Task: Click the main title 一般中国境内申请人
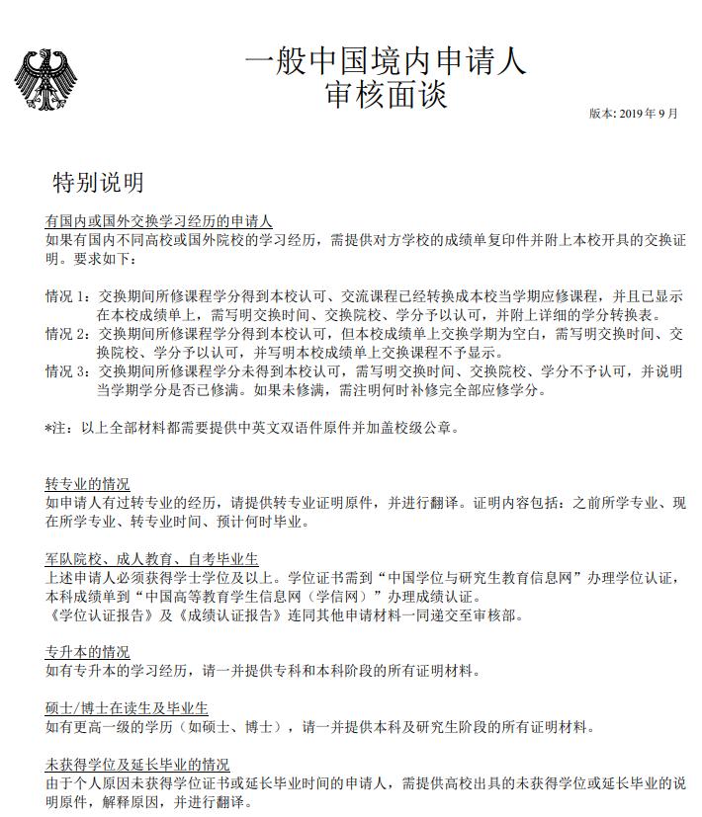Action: click(386, 60)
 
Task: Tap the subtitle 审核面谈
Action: click(386, 95)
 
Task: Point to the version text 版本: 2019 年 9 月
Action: click(634, 113)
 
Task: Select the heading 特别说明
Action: click(98, 182)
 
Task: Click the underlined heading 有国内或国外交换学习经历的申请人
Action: click(158, 220)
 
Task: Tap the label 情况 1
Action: click(66, 296)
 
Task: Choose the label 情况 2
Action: click(66, 333)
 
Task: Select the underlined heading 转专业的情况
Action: click(87, 484)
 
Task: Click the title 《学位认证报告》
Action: click(95, 615)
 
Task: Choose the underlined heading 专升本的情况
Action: click(87, 653)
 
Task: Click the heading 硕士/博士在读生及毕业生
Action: click(127, 708)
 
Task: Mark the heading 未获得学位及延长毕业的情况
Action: click(137, 765)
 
